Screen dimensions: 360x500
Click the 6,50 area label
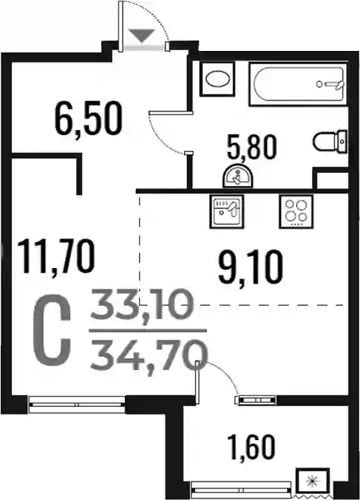pyautogui.click(x=89, y=119)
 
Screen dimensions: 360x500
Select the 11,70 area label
pyautogui.click(x=56, y=256)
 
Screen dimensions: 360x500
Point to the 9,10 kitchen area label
pyautogui.click(x=251, y=267)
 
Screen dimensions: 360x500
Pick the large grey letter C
pyautogui.click(x=52, y=330)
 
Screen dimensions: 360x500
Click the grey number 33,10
pyautogui.click(x=142, y=305)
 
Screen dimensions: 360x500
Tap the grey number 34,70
pyautogui.click(x=149, y=355)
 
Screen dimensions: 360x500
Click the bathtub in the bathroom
pyautogui.click(x=298, y=84)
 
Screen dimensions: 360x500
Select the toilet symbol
pyautogui.click(x=330, y=142)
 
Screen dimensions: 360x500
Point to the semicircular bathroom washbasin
pyautogui.click(x=237, y=177)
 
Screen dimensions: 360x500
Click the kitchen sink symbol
pyautogui.click(x=227, y=211)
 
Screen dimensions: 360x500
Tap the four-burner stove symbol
pyautogui.click(x=296, y=211)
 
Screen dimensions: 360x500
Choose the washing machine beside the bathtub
pyautogui.click(x=217, y=79)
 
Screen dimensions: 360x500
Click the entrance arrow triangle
pyautogui.click(x=142, y=35)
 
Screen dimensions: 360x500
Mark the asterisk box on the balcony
pyautogui.click(x=312, y=480)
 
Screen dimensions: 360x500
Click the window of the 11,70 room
pyautogui.click(x=77, y=404)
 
